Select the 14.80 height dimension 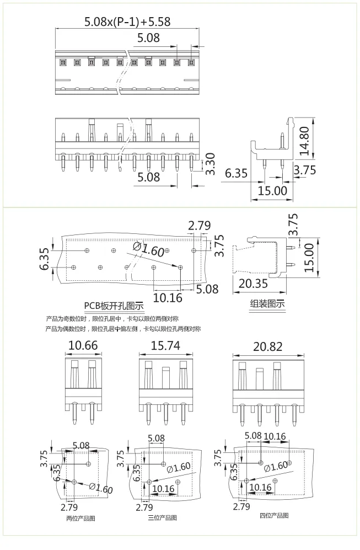(x=304, y=140)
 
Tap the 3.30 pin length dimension (x=210, y=164)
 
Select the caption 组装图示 (x=268, y=303)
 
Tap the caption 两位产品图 (x=80, y=518)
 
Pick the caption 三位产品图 (x=162, y=518)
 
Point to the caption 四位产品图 (x=274, y=515)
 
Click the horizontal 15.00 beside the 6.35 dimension (x=272, y=191)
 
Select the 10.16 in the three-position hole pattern (x=163, y=489)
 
